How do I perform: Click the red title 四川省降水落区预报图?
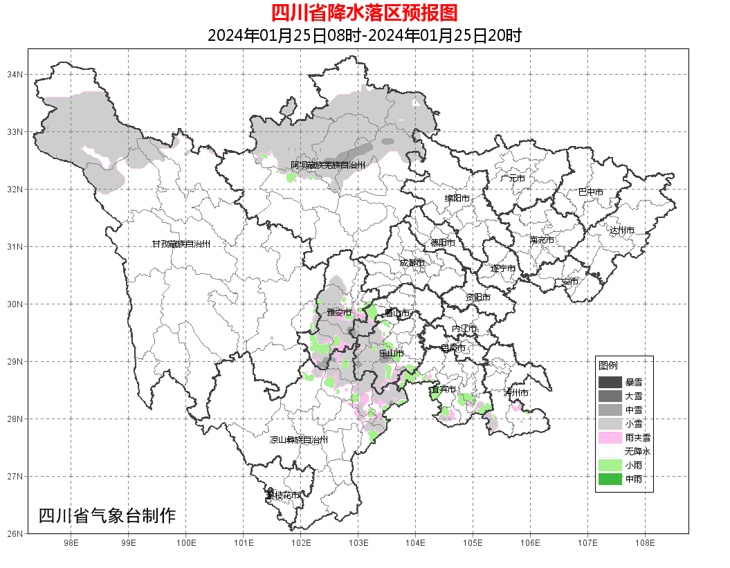364,13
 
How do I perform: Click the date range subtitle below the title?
364,35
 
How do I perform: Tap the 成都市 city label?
412,263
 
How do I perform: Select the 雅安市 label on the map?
339,313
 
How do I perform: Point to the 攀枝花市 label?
284,495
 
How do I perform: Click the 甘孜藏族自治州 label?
181,244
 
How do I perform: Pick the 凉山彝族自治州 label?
298,440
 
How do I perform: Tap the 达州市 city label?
622,230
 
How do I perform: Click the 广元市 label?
513,178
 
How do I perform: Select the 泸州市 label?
516,392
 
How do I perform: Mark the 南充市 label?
541,241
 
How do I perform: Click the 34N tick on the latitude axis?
15,74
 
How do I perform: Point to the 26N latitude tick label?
15,533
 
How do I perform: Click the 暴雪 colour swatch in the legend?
610,383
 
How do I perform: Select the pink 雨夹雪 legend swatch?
610,437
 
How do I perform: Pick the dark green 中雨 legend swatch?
610,479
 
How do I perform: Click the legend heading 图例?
608,365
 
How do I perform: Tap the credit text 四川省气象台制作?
107,515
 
